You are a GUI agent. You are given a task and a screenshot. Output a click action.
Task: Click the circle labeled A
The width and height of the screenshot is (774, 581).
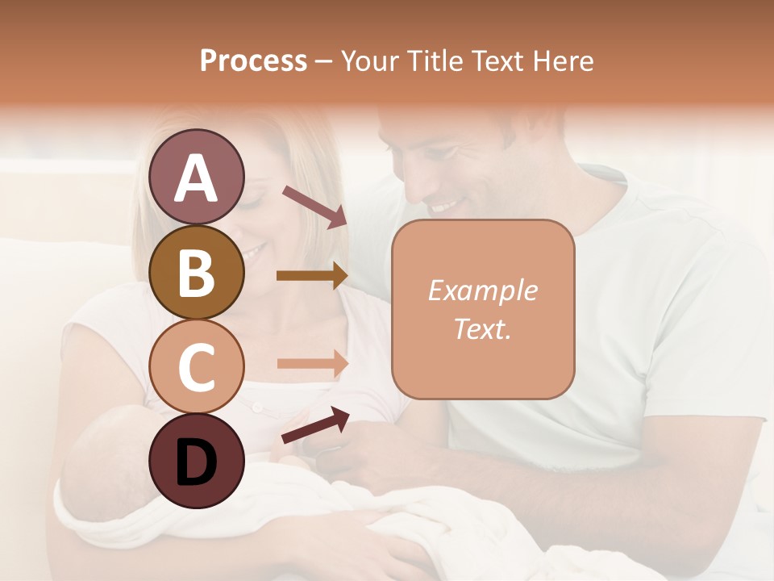197,177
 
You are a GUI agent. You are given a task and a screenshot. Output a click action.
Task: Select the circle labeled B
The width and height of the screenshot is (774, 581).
197,272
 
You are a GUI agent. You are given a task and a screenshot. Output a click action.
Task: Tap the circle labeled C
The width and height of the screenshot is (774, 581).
197,366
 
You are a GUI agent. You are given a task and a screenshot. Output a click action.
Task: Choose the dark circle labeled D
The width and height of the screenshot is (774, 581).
197,461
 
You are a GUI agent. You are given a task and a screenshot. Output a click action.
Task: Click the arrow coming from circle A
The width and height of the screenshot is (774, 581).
314,207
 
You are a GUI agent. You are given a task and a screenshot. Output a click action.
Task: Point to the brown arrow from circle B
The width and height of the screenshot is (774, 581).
312,275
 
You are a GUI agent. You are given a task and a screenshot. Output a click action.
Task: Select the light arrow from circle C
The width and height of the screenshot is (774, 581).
312,363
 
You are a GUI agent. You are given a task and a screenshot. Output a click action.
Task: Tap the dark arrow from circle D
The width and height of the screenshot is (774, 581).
315,425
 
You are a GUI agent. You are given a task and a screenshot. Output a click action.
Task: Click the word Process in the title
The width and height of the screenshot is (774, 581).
253,61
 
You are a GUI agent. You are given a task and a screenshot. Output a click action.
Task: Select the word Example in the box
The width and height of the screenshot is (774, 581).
482,290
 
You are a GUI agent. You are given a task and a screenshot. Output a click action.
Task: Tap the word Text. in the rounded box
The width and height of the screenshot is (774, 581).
482,328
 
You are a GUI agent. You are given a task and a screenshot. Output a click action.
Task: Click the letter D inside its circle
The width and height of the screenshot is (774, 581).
197,462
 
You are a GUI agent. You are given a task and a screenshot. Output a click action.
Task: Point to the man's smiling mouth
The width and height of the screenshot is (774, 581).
443,207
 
